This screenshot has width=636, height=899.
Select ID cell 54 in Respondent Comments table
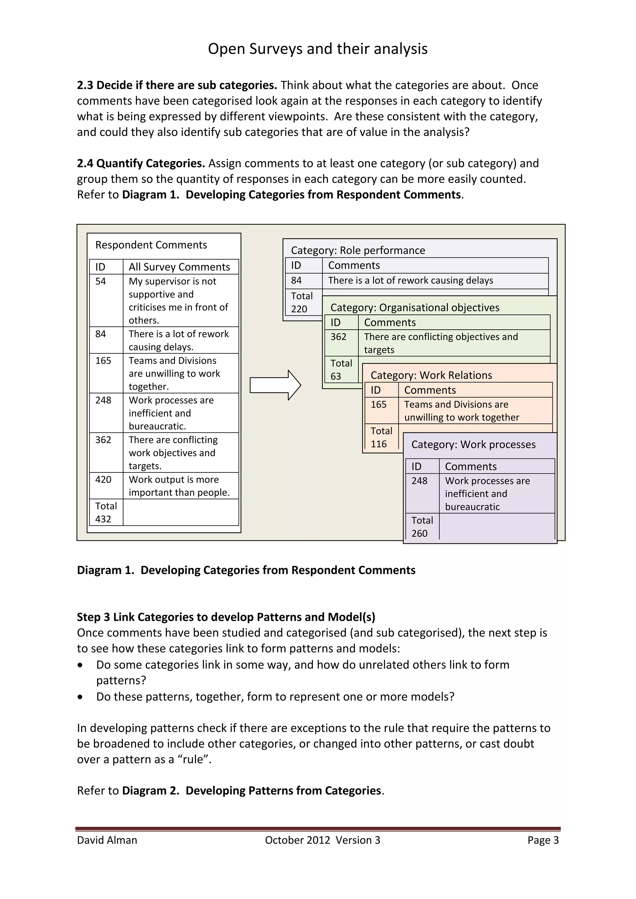click(x=101, y=281)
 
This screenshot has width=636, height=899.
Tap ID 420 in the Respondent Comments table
click(x=103, y=479)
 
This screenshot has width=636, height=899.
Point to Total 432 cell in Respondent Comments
click(x=106, y=512)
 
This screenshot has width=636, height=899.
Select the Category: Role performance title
click(x=357, y=250)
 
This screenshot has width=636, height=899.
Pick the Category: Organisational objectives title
click(x=414, y=307)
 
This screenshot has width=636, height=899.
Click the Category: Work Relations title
click(x=431, y=375)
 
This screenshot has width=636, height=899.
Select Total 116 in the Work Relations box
click(x=381, y=437)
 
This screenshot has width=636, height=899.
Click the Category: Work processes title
click(x=473, y=445)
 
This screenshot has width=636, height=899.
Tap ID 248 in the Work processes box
click(x=419, y=481)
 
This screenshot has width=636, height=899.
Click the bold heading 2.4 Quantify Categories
click(x=141, y=163)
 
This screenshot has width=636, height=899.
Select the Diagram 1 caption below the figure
click(x=246, y=570)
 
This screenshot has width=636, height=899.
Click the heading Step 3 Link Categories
click(x=225, y=617)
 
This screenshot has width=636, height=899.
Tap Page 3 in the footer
click(x=543, y=840)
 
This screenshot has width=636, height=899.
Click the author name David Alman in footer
click(x=107, y=840)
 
